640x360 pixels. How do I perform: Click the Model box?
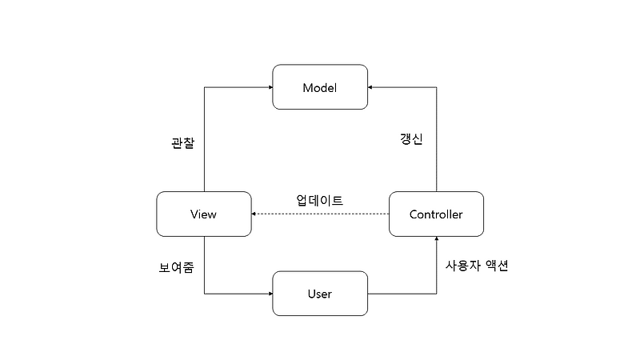[320, 87]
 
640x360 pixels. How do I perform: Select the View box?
[204, 214]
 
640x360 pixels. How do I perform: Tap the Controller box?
[436, 214]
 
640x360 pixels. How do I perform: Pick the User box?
[320, 294]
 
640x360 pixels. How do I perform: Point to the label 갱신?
[411, 138]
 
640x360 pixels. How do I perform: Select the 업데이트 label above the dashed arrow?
[320, 200]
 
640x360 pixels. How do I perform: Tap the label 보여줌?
[176, 267]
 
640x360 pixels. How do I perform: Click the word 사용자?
[463, 266]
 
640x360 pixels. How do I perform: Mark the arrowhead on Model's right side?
[371, 87]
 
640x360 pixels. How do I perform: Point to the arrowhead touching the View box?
[255, 214]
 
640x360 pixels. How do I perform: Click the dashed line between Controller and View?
[320, 214]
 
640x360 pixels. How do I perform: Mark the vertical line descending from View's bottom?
[204, 264]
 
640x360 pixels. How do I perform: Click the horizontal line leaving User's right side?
[400, 294]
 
